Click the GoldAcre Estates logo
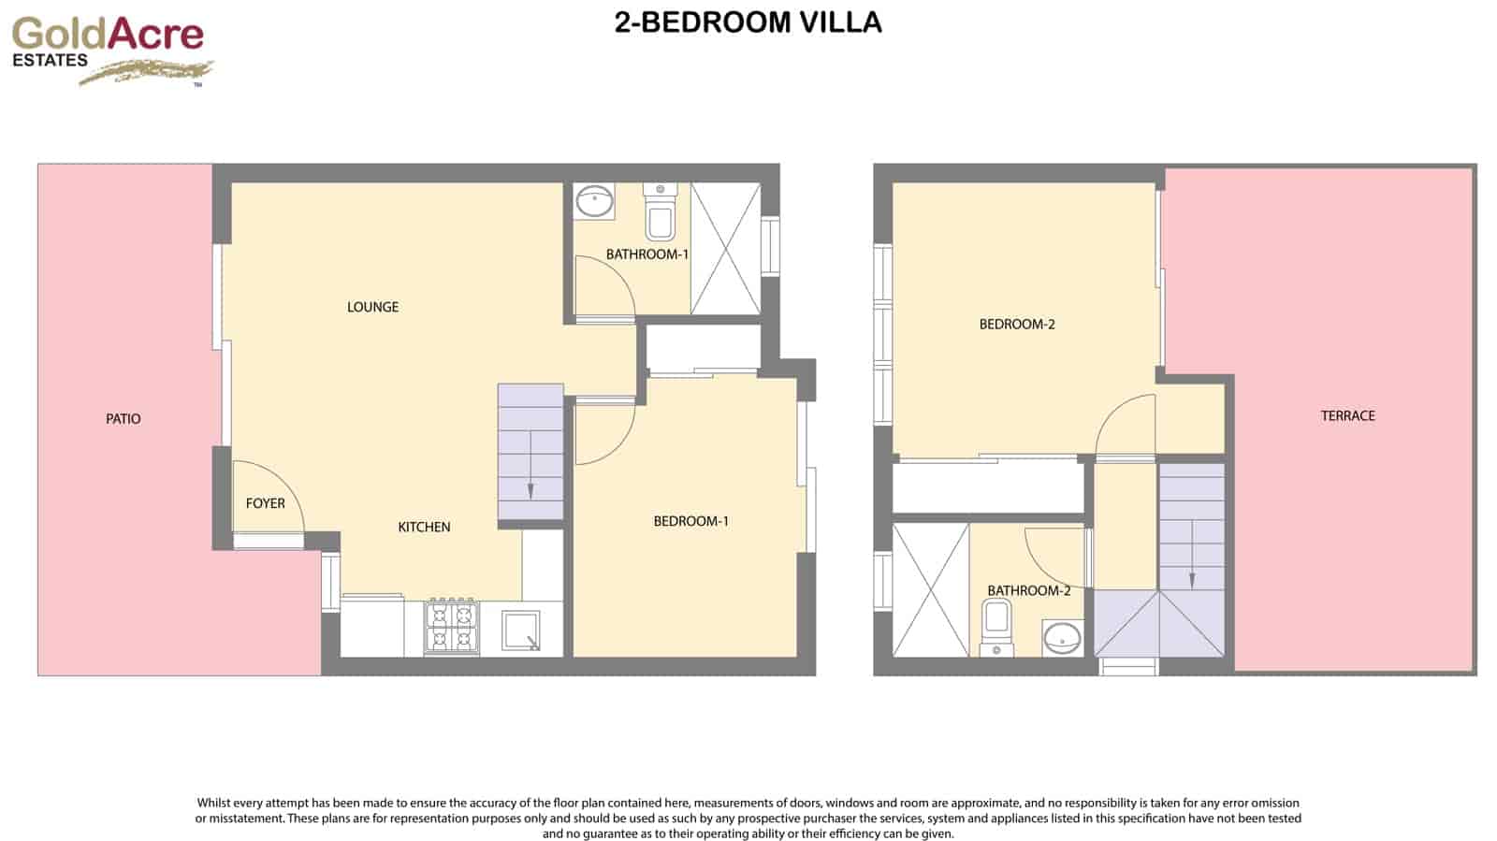pyautogui.click(x=110, y=49)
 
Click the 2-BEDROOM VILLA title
pyautogui.click(x=748, y=22)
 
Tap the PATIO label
pyautogui.click(x=123, y=419)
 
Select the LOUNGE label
pyautogui.click(x=372, y=307)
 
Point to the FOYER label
pyautogui.click(x=265, y=503)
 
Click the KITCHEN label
pyautogui.click(x=424, y=527)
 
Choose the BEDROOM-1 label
pyautogui.click(x=690, y=521)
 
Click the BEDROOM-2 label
pyautogui.click(x=1017, y=325)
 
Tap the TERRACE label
pyautogui.click(x=1347, y=415)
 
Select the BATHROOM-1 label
pyautogui.click(x=647, y=254)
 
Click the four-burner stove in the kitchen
pyautogui.click(x=452, y=627)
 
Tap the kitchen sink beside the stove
pyautogui.click(x=521, y=631)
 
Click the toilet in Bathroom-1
pyautogui.click(x=660, y=213)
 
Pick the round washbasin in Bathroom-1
pyautogui.click(x=593, y=200)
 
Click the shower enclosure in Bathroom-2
pyautogui.click(x=930, y=590)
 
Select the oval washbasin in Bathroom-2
pyautogui.click(x=1062, y=638)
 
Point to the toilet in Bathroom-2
pyautogui.click(x=996, y=627)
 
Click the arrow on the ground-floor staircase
pyautogui.click(x=530, y=489)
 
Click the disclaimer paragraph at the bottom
pyautogui.click(x=748, y=818)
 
